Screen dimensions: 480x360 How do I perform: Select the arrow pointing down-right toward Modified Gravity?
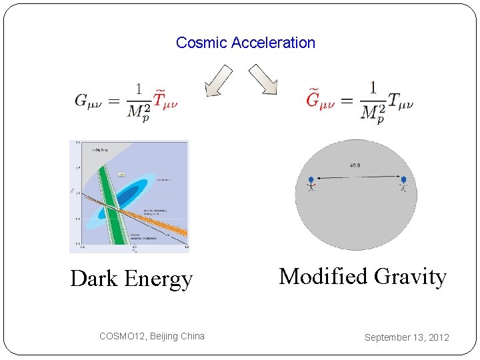(x=263, y=79)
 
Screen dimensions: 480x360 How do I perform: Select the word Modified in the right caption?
(x=323, y=276)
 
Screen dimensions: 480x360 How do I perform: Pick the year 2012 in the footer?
(x=439, y=337)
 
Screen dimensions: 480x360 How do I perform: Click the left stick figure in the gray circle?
(x=311, y=183)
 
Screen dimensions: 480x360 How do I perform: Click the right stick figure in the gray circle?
(x=403, y=183)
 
